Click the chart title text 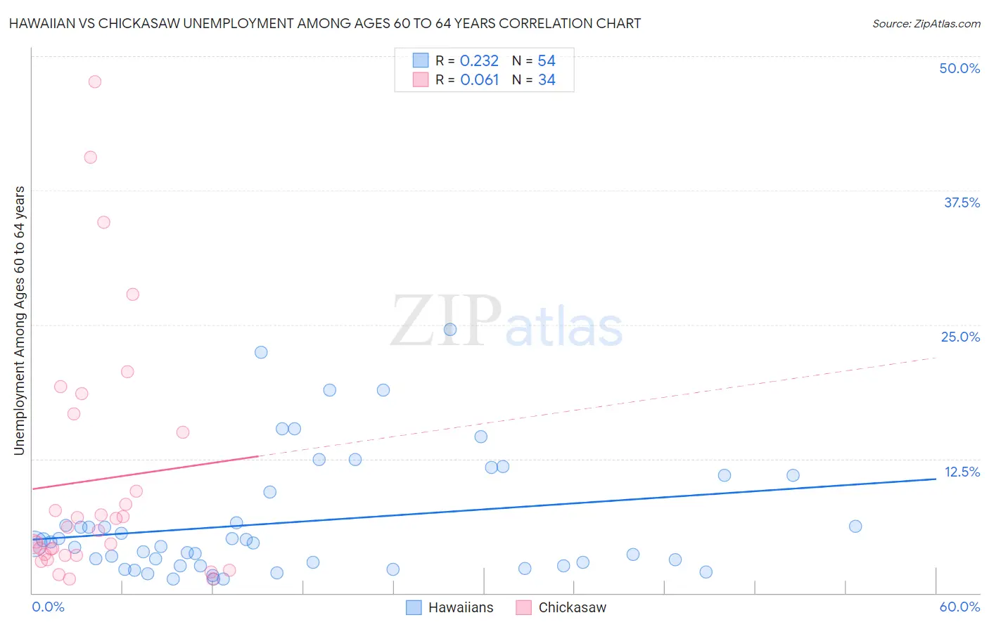coord(325,23)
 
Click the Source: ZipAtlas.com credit coord(926,23)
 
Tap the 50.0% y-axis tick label coord(959,68)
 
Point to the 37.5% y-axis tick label coord(962,202)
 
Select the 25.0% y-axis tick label coord(960,337)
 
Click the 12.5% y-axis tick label coord(962,472)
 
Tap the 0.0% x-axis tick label coord(48,607)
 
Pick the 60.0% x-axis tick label coord(959,607)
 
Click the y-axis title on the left coord(20,321)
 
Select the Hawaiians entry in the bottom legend coord(450,607)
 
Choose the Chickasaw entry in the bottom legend coord(561,607)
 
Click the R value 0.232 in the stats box coord(479,61)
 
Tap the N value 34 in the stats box coord(547,80)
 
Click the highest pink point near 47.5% coord(95,82)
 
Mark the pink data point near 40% coord(91,157)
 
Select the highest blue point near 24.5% coord(450,330)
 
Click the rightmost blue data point coord(855,526)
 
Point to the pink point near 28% coord(133,295)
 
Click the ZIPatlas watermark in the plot coord(506,323)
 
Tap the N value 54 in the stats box coord(547,61)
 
